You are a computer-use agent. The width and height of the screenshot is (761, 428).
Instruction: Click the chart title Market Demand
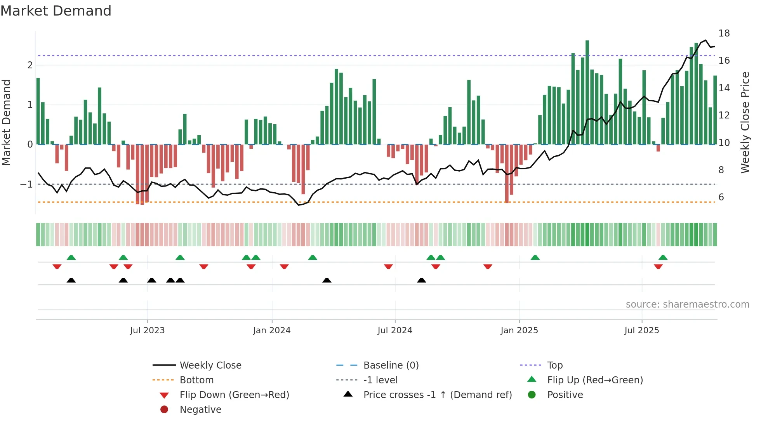point(56,11)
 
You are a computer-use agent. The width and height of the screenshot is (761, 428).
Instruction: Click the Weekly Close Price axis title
point(745,122)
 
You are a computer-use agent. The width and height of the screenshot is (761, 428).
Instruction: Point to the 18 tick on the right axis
point(724,33)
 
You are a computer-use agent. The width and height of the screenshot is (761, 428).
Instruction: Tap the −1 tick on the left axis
point(26,184)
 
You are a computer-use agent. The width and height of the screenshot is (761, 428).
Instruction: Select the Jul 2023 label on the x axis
point(147,331)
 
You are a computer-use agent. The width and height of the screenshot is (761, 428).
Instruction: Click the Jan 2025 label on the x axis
point(519,331)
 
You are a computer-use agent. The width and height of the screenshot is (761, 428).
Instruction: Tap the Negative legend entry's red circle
point(164,410)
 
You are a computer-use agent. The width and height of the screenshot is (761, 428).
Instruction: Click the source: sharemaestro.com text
point(687,304)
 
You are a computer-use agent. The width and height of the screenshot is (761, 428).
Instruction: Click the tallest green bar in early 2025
point(587,92)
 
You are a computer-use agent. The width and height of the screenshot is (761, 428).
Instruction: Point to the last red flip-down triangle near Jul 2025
point(658,266)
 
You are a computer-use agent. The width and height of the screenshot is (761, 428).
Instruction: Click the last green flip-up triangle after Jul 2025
point(663,257)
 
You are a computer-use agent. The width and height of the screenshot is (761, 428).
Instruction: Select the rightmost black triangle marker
point(421,280)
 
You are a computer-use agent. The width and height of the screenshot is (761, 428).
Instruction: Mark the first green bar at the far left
point(38,111)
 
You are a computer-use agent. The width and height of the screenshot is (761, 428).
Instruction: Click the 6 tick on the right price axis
point(721,197)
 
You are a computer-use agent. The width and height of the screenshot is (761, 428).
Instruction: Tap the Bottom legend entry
point(196,380)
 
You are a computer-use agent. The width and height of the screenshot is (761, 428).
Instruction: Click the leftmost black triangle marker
point(71,280)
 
